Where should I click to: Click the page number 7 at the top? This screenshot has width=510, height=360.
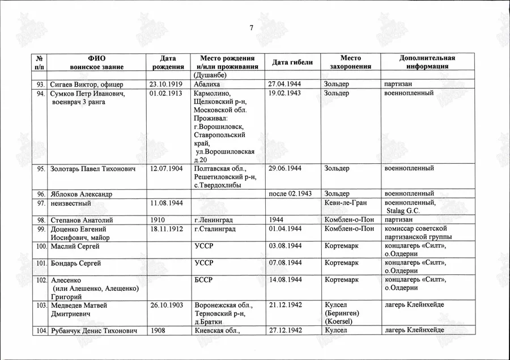251,28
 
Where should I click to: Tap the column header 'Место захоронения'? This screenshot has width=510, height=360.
350,62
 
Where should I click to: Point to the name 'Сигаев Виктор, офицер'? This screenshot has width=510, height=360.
83,84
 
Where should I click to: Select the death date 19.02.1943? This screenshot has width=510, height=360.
284,93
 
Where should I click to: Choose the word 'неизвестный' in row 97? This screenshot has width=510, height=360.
72,203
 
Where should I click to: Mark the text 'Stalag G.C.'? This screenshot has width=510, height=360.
403,211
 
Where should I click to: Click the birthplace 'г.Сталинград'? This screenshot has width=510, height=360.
215,229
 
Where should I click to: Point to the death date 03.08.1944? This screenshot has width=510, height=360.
284,246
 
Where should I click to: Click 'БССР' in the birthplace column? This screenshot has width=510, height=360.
204,280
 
